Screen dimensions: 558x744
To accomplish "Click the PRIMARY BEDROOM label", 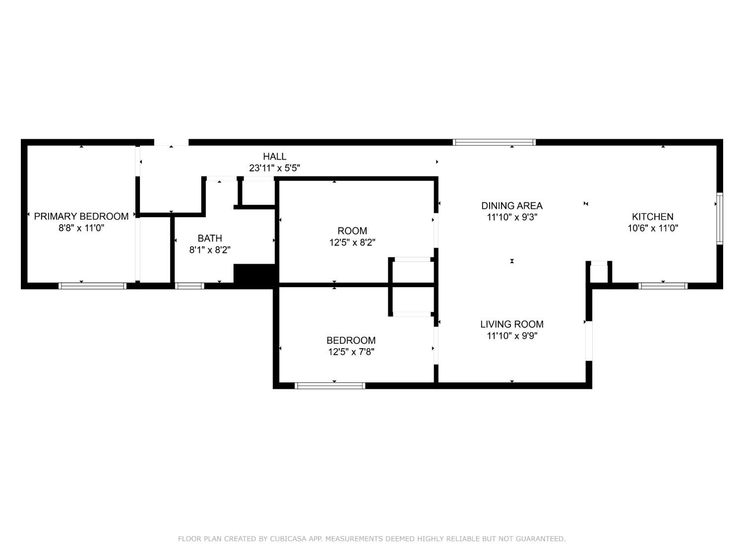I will pyautogui.click(x=81, y=216).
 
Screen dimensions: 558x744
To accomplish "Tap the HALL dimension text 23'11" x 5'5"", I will pyautogui.click(x=274, y=168).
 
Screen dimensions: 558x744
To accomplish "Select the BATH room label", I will pyautogui.click(x=210, y=238).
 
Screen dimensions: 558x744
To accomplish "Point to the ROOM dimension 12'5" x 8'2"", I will pyautogui.click(x=352, y=243).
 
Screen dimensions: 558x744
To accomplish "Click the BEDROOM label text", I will pyautogui.click(x=351, y=340).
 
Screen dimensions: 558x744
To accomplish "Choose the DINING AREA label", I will pyautogui.click(x=512, y=205).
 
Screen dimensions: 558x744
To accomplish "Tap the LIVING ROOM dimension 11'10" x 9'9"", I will pyautogui.click(x=512, y=336).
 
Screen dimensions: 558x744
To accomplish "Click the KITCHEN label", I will pyautogui.click(x=652, y=216).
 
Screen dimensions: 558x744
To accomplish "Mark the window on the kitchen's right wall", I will pyautogui.click(x=719, y=219).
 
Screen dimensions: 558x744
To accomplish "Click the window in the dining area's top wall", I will pyautogui.click(x=494, y=142).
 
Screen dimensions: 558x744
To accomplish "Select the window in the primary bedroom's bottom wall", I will pyautogui.click(x=92, y=286).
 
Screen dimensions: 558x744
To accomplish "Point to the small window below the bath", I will pyautogui.click(x=190, y=286).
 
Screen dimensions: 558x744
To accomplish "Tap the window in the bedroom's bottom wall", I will pyautogui.click(x=330, y=385).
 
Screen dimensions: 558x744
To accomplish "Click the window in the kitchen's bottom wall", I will pyautogui.click(x=663, y=286).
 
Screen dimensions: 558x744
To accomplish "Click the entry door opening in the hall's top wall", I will pyautogui.click(x=171, y=142).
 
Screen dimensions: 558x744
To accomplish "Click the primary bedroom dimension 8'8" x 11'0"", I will pyautogui.click(x=81, y=228).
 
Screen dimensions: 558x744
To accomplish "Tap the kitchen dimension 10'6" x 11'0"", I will pyautogui.click(x=652, y=228).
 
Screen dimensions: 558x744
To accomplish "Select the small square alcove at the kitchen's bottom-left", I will pyautogui.click(x=599, y=273).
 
